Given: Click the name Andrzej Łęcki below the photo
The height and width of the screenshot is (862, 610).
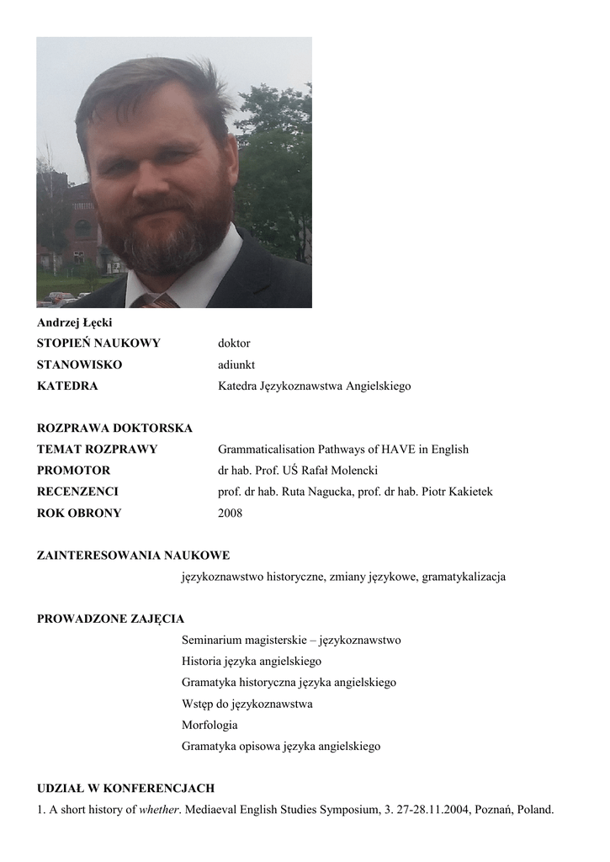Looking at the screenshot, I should (x=75, y=322).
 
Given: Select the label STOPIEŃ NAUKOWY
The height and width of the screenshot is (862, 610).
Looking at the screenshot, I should (x=98, y=343).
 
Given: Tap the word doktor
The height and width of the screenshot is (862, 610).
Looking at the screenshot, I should (x=234, y=343).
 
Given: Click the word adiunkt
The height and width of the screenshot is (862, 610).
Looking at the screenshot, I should (x=236, y=364).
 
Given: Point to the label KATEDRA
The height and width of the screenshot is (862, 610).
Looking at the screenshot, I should (x=67, y=386).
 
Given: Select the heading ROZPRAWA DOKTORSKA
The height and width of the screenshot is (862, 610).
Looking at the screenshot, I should (x=115, y=428).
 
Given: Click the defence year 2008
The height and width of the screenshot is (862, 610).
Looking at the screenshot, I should (x=230, y=513).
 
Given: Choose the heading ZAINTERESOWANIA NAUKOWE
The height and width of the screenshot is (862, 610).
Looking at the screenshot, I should (x=133, y=555).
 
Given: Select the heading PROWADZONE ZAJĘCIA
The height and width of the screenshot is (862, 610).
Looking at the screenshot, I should (x=110, y=620).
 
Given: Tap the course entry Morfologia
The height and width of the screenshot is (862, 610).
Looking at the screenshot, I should (x=210, y=725).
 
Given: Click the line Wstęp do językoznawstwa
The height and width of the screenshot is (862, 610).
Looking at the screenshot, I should (x=247, y=704).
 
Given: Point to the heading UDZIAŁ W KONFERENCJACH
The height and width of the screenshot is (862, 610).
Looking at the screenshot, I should (x=126, y=789).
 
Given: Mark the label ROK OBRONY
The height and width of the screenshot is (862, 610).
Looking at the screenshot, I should (x=79, y=513).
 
